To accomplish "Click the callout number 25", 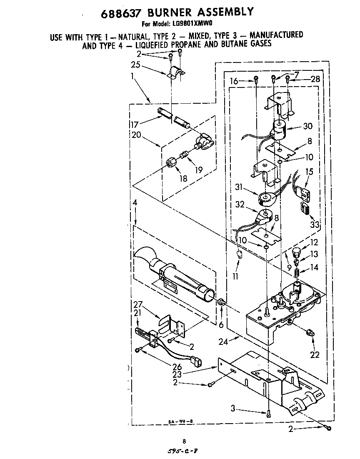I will pyautogui.click(x=135, y=65).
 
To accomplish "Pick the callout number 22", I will pyautogui.click(x=315, y=354).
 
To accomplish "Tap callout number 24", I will pyautogui.click(x=224, y=342).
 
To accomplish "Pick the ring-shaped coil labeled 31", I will pyautogui.click(x=266, y=199).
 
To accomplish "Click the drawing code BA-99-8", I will pyautogui.click(x=177, y=422).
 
